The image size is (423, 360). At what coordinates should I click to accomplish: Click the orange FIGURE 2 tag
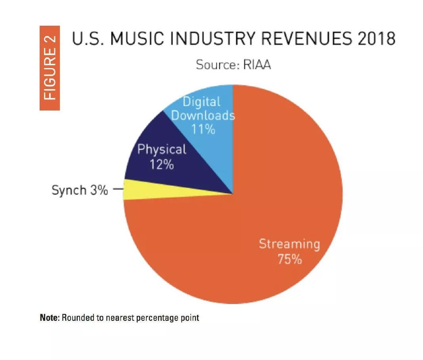pyautogui.click(x=50, y=68)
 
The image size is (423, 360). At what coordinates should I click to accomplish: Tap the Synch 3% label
pyautogui.click(x=80, y=190)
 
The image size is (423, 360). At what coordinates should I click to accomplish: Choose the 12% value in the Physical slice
pyautogui.click(x=162, y=164)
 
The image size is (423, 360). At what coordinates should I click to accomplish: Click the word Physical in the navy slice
pyautogui.click(x=162, y=150)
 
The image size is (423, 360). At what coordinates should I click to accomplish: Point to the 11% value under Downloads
pyautogui.click(x=203, y=129)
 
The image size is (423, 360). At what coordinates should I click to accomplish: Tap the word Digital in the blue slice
pyautogui.click(x=201, y=102)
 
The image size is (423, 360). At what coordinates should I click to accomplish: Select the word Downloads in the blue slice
pyautogui.click(x=203, y=116)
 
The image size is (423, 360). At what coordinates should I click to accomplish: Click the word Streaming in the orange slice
pyautogui.click(x=289, y=244)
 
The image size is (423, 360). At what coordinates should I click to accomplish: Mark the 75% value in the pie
pyautogui.click(x=289, y=259)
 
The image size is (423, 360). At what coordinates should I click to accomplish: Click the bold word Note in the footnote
pyautogui.click(x=49, y=318)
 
